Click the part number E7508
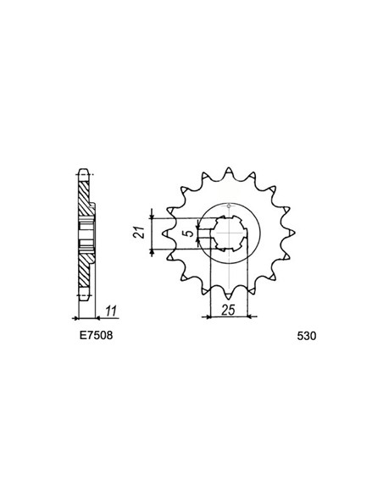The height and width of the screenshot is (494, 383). tap(92, 336)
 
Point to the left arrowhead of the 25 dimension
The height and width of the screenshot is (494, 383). tap(208, 317)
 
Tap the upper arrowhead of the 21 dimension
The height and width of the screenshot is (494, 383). tap(152, 209)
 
